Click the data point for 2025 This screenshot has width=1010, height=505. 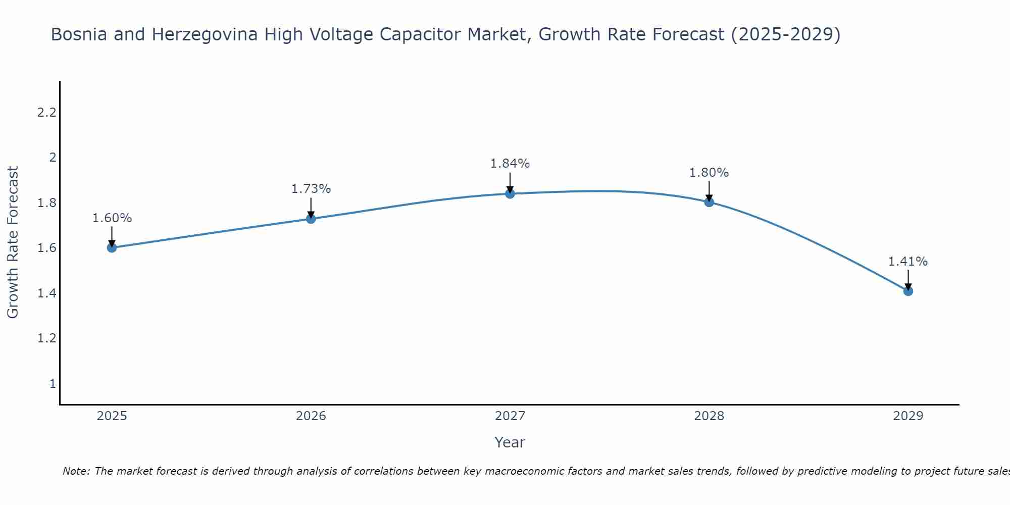click(112, 247)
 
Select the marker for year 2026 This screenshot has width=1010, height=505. click(311, 219)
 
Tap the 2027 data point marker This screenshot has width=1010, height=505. click(510, 193)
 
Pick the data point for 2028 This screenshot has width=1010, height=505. click(709, 202)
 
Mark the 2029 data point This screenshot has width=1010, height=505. click(908, 291)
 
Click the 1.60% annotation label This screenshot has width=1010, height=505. click(112, 218)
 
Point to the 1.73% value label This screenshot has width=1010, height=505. click(311, 189)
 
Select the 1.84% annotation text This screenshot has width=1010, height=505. click(510, 164)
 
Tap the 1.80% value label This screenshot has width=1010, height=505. click(709, 173)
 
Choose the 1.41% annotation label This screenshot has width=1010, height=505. click(908, 262)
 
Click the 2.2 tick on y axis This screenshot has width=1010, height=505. click(46, 113)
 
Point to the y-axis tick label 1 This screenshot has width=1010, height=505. click(52, 384)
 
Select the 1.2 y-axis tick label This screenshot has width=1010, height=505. click(46, 338)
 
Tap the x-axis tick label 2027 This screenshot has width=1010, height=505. click(510, 416)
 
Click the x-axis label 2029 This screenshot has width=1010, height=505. click(908, 416)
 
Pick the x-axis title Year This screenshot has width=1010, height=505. click(510, 442)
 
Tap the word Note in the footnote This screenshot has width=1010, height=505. click(76, 471)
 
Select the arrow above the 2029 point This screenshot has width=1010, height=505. click(908, 279)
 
